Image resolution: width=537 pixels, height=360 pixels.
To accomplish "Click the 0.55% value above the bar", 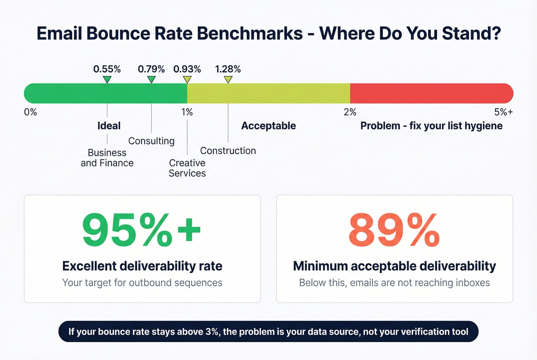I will tap(107, 69).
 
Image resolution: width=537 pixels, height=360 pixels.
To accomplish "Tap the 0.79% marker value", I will tap(151, 69).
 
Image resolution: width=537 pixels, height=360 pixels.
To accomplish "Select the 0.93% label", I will tap(187, 69).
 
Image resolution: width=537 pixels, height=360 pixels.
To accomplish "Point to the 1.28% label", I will tap(228, 69).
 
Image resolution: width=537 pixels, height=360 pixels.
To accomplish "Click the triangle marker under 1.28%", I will tap(228, 79).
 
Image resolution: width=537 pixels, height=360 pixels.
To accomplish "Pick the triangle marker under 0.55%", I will tap(107, 79).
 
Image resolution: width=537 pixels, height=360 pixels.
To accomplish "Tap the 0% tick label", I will tap(30, 112).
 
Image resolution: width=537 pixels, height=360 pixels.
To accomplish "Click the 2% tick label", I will tap(350, 112).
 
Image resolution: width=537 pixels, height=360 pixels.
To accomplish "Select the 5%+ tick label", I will tap(503, 112).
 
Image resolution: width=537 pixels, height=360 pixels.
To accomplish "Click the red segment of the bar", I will tap(432, 93).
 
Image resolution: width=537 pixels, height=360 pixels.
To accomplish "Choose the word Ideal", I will tap(109, 126).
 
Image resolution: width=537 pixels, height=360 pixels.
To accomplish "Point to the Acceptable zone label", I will tap(268, 126).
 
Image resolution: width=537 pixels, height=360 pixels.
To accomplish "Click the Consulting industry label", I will tap(151, 141).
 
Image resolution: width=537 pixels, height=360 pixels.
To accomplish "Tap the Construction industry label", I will tap(228, 151).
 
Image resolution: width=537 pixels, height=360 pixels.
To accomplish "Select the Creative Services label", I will tap(187, 168).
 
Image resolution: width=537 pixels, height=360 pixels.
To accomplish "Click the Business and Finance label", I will tap(107, 158).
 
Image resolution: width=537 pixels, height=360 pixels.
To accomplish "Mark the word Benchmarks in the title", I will tap(250, 33).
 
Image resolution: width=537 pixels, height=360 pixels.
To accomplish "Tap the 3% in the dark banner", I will tap(212, 332).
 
